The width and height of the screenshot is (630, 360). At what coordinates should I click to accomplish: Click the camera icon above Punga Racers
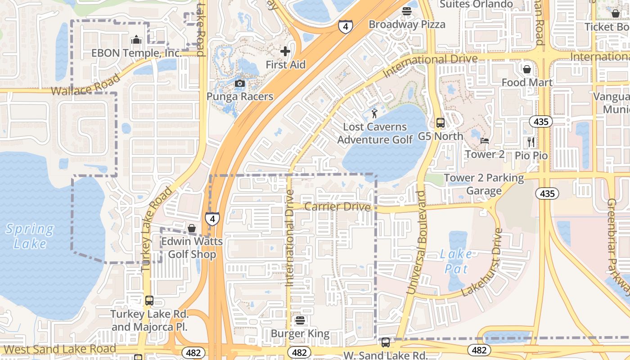click(x=240, y=83)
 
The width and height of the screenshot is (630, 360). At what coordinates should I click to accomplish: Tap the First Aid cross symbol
click(x=285, y=52)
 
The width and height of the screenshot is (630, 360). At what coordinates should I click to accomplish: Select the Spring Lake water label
click(x=30, y=236)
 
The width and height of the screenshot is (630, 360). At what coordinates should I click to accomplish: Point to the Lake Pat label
click(x=456, y=261)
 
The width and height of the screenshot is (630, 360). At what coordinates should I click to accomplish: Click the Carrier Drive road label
click(x=337, y=207)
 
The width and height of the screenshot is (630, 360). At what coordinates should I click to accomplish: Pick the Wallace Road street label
click(x=85, y=85)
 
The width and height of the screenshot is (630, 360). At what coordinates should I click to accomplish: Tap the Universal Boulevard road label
click(x=416, y=243)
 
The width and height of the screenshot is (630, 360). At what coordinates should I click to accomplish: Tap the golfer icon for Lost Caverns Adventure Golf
click(x=374, y=113)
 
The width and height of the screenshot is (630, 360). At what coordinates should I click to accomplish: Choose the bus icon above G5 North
click(x=440, y=122)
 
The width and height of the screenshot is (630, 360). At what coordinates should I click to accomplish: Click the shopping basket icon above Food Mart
click(x=526, y=69)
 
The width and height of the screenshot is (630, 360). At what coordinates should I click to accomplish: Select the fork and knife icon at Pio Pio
click(x=531, y=142)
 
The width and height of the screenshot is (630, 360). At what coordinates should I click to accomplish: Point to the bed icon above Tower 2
click(x=484, y=141)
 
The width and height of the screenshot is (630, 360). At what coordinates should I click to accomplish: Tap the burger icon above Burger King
click(x=300, y=320)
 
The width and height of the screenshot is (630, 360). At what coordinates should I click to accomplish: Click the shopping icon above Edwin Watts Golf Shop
click(x=192, y=228)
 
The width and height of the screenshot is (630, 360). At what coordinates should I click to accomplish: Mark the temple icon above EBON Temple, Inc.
click(x=136, y=40)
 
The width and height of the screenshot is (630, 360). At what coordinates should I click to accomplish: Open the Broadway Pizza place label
click(x=407, y=24)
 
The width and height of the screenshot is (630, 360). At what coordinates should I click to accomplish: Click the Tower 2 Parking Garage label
click(x=484, y=184)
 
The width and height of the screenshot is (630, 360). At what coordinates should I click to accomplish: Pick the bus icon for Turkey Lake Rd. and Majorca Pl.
click(x=149, y=300)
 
